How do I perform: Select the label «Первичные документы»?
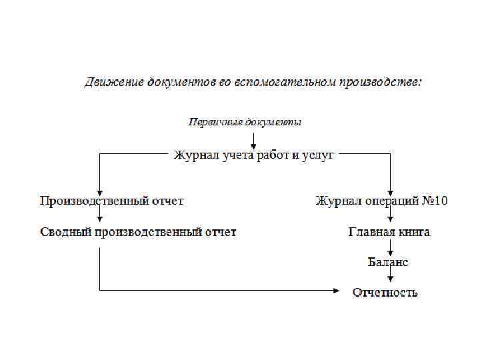245,122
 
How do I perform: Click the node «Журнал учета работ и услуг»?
253,155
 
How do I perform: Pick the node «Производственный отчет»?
112,201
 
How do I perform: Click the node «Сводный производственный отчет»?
138,232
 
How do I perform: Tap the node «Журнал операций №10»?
381,201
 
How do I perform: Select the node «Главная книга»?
389,232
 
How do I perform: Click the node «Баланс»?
388,262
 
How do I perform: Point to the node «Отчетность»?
385,292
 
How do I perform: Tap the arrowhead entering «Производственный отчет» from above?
99,191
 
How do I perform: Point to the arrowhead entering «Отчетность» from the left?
335,291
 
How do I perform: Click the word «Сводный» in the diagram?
65,232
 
